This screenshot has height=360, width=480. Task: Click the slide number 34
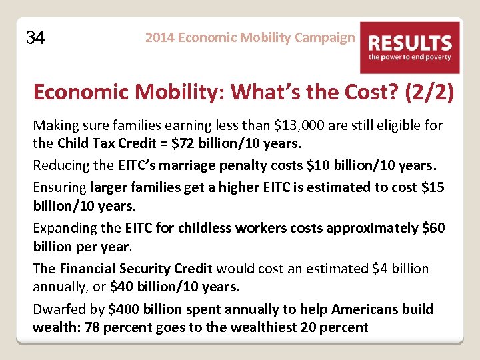click(35, 38)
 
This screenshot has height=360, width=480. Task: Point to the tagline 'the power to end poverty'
click(410, 57)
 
